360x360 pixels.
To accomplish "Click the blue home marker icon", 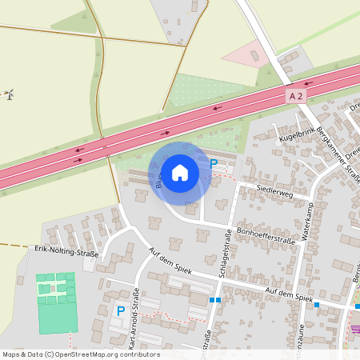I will pos(179,172).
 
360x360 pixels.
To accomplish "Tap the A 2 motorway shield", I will pos(296,96).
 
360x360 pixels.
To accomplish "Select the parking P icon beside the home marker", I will pos(214,164).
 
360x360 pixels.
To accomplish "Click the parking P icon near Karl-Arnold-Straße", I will pos(121,310).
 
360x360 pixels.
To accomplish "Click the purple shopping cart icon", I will pos(355,329).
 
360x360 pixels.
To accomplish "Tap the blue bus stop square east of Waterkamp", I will pos(317,305).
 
